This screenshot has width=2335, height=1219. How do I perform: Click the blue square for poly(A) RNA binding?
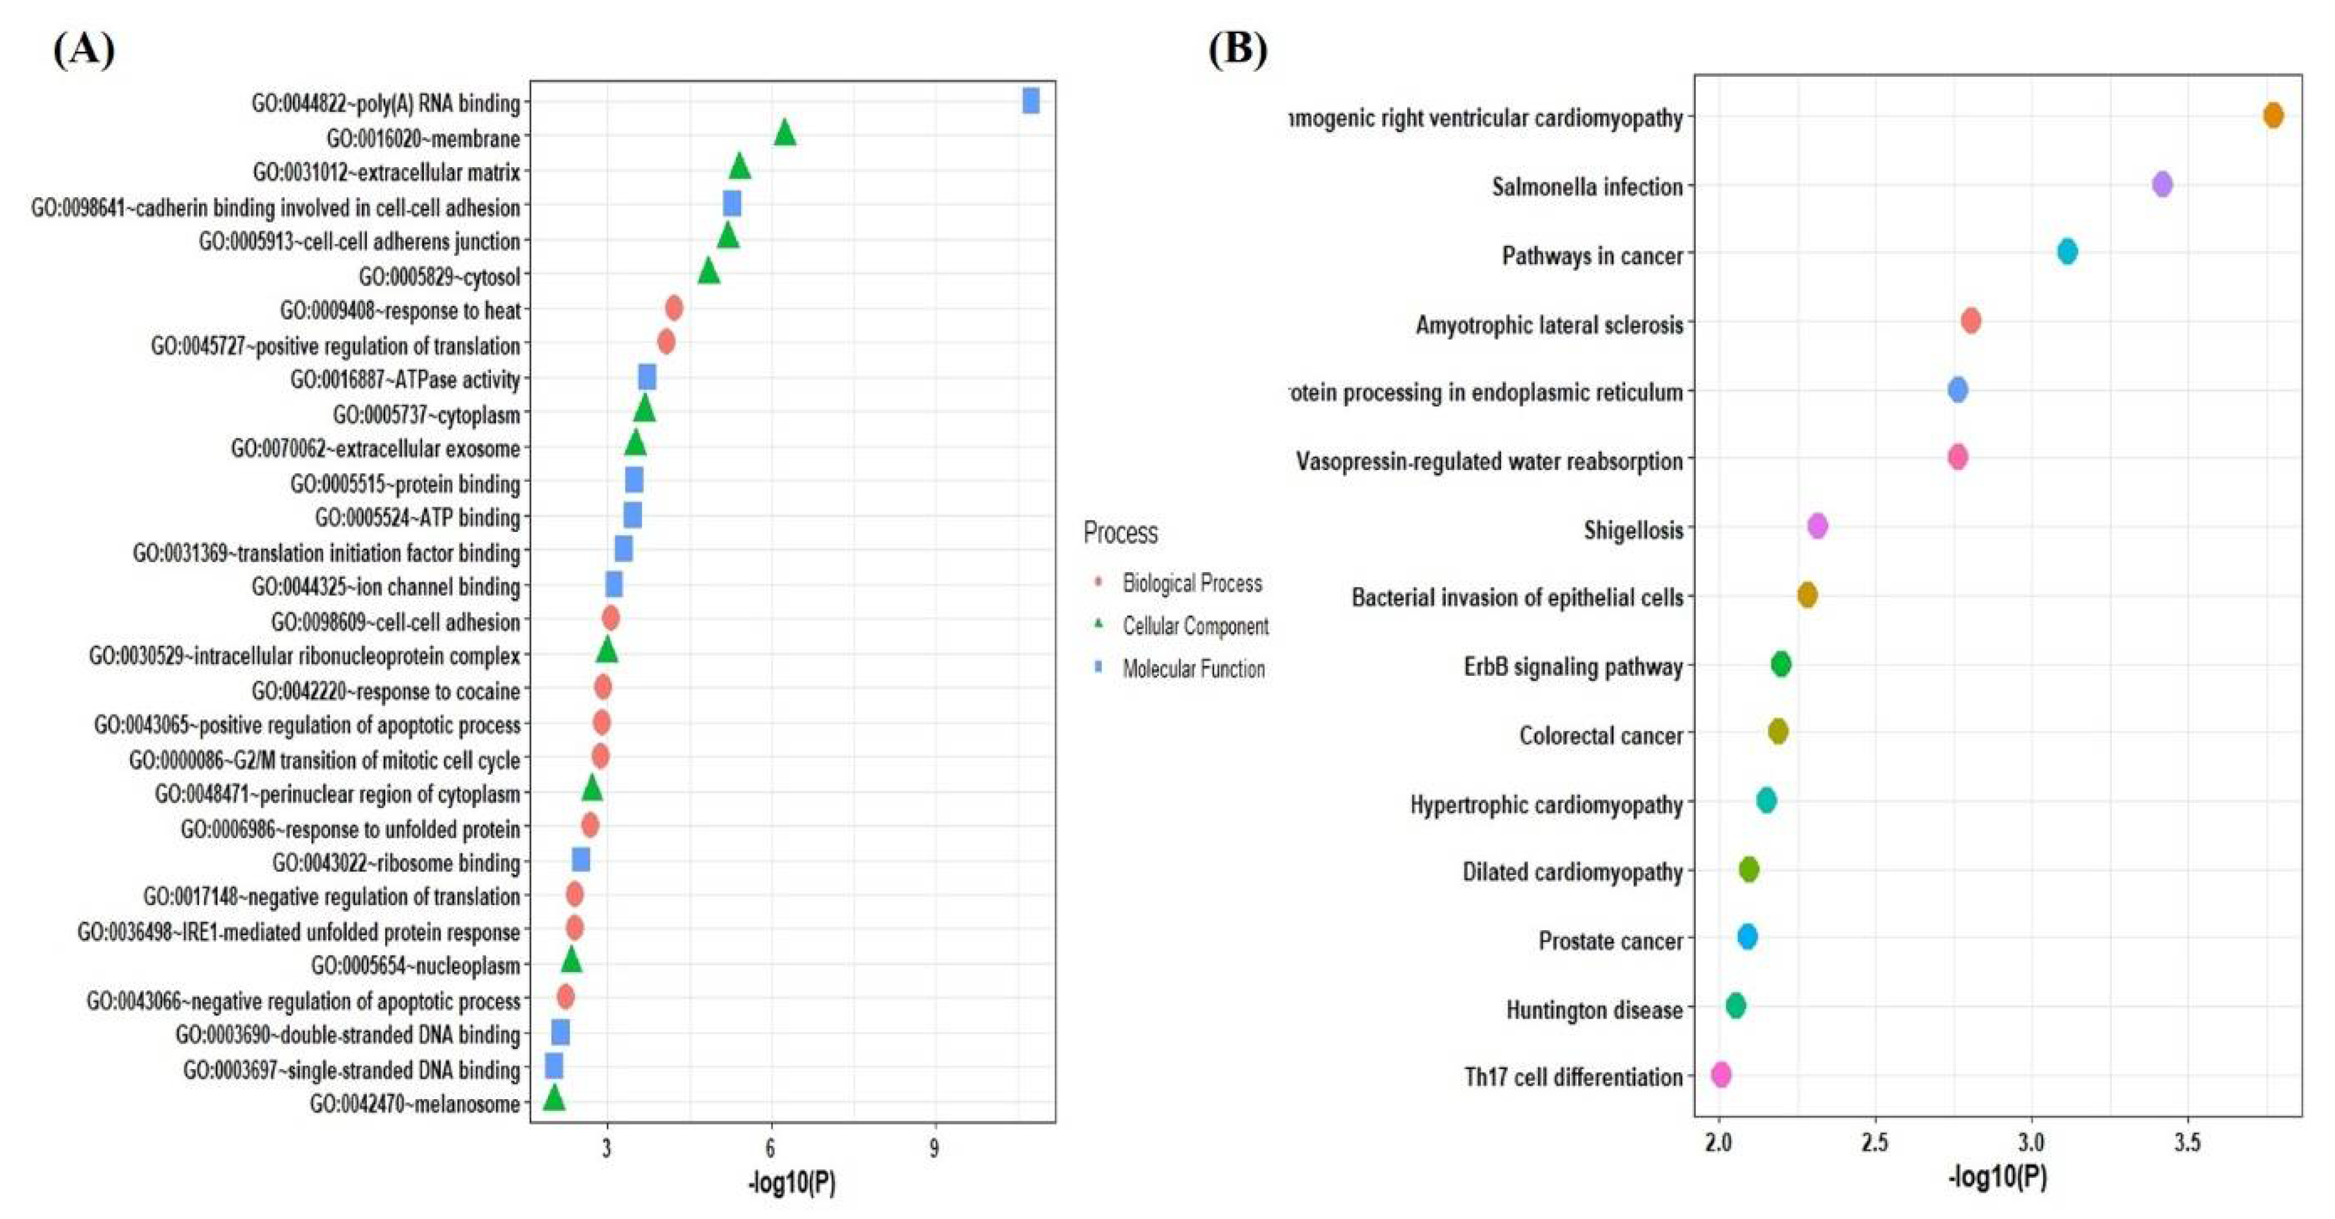coord(1030,101)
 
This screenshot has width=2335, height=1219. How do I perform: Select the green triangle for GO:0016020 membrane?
coord(785,134)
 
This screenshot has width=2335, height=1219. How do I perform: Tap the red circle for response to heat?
coord(673,308)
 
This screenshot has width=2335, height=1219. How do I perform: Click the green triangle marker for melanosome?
coord(554,1099)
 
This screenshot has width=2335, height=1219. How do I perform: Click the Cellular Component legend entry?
coord(1195,625)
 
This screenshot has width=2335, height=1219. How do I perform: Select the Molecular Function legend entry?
coord(1193,669)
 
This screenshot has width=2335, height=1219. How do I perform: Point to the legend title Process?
coord(1120,532)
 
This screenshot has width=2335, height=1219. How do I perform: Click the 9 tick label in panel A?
coord(933,1149)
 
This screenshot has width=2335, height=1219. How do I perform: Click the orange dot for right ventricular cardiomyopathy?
coord(2272,115)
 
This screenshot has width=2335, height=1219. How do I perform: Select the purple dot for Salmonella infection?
coord(2162,184)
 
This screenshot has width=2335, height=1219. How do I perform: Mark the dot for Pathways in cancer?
coord(2066,252)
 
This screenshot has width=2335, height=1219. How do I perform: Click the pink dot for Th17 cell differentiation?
coord(1721,1075)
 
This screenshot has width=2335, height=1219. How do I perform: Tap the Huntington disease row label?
coord(1593,1009)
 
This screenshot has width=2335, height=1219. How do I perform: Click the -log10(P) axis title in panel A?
coord(791,1183)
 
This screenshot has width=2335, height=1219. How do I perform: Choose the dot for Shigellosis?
coord(1816,526)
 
